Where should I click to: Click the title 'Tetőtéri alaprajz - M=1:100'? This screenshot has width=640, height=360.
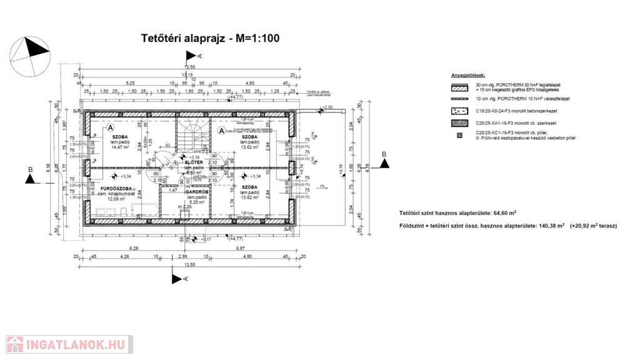pos(210,38)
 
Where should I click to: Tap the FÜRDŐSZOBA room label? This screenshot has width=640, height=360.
pos(117,188)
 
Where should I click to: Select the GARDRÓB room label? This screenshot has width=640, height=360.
pos(197,192)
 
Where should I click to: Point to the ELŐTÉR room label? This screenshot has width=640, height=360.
pos(194,162)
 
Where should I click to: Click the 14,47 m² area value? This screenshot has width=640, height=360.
pos(119,147)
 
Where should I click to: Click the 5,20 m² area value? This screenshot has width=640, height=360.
pos(197,202)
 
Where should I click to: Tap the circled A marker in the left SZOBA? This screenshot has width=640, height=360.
pos(111,127)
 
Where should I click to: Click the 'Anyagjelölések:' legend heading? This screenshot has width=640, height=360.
pos(468,75)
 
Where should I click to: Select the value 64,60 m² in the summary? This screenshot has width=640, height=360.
pos(504,213)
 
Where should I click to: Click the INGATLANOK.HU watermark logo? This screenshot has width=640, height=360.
pos(69,344)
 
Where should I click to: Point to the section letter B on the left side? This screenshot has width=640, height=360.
pos(29,169)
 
